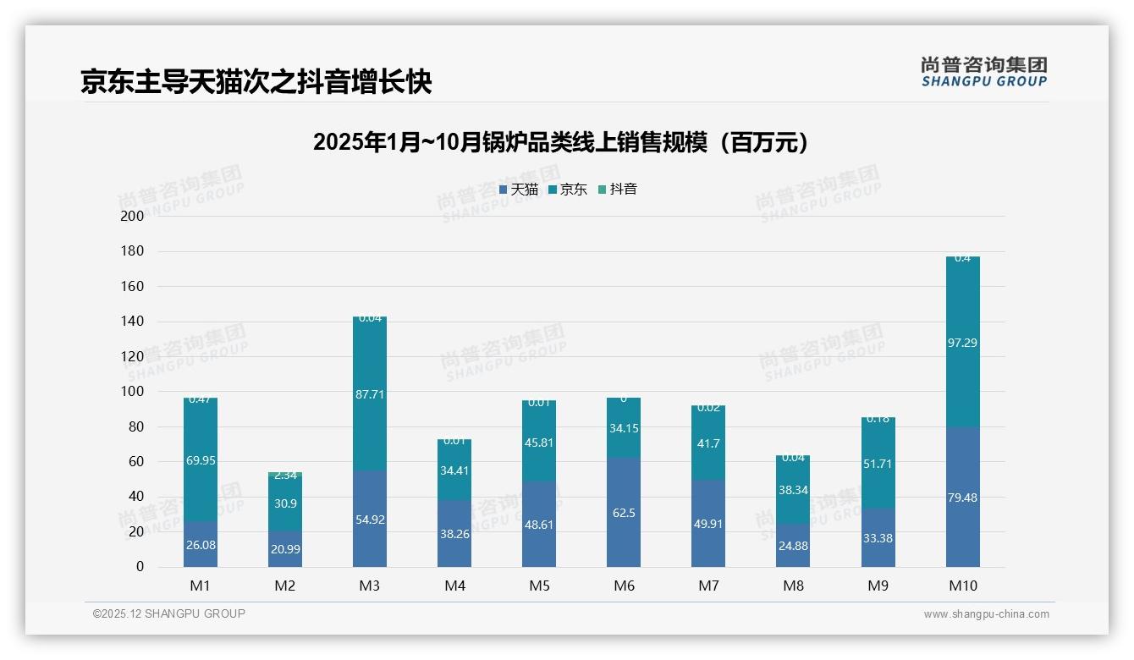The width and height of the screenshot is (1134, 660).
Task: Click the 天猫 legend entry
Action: tap(519, 190)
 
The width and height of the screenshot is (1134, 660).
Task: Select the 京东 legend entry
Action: tap(568, 190)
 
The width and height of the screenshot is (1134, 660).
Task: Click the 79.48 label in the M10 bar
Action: tap(962, 498)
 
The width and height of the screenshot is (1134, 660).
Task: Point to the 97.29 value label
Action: tap(962, 343)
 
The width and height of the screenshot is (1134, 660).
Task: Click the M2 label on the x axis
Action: tap(285, 586)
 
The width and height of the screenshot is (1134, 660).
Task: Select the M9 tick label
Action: tap(878, 586)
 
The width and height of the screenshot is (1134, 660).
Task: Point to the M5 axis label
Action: tap(539, 586)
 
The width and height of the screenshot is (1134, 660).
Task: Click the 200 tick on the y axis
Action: tap(133, 216)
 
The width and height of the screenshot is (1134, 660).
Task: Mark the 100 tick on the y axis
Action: tap(133, 392)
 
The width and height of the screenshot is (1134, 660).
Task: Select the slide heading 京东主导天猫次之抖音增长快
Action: tap(256, 81)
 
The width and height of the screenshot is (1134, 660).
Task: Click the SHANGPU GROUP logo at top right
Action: tap(983, 71)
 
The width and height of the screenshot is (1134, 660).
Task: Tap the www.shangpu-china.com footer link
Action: tap(986, 614)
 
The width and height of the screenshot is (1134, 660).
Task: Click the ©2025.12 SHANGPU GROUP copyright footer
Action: tap(169, 614)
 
